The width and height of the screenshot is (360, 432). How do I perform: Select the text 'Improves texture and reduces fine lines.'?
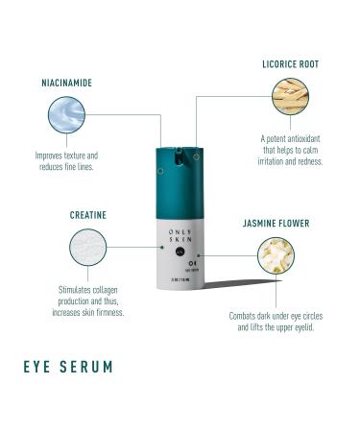pos(67,160)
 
